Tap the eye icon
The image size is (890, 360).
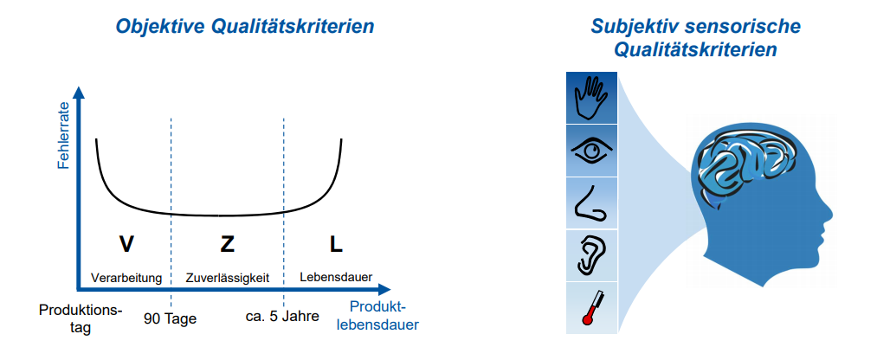coord(592,151)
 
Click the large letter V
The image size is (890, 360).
coord(126,245)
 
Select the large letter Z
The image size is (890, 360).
coord(227,245)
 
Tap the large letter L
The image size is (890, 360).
coord(336,245)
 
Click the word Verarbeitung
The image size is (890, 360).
coord(126,278)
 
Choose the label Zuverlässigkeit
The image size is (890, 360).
coord(228,278)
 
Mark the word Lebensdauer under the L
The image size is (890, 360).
coord(336,278)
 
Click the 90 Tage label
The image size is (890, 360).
coord(171,318)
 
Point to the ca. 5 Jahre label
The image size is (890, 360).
coord(283,316)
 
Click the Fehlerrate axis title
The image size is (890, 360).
coord(63,138)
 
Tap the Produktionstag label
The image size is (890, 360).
coord(81,318)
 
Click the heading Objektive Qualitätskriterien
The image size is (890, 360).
coord(245,27)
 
